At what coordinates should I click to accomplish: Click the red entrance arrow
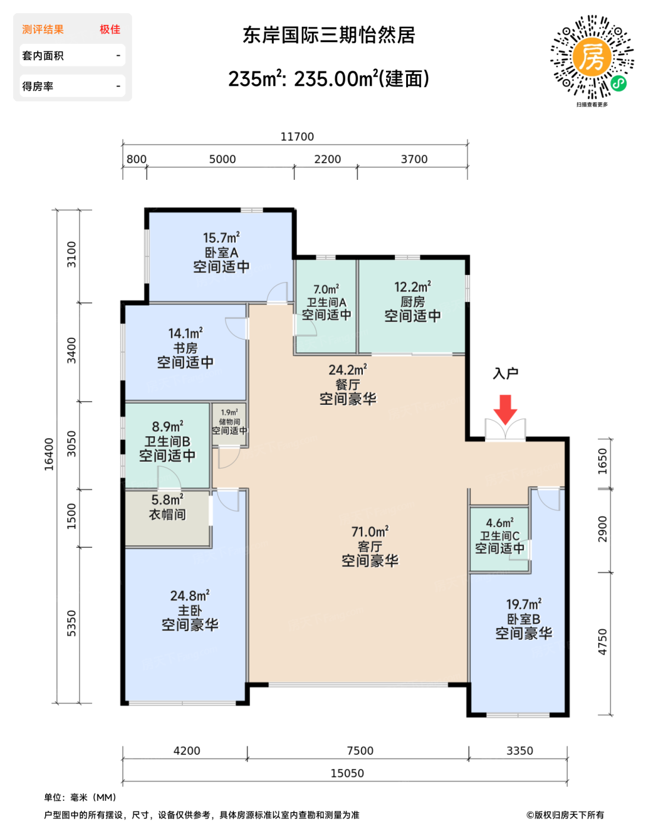point(505,410)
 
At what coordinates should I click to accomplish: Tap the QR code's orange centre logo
point(592,57)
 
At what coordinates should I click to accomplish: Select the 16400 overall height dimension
point(49,454)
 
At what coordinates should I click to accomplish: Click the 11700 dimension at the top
point(297,137)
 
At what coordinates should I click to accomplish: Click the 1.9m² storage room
point(229,425)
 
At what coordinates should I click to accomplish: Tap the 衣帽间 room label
point(167,515)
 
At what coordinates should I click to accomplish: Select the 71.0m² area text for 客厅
point(370,532)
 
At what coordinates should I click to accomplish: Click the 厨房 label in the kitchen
point(413,302)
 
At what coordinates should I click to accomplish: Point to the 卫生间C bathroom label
point(499,536)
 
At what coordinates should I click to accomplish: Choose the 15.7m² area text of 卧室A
point(222,237)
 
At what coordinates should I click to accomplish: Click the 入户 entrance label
point(505,373)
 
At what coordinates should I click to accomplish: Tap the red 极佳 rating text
point(110,29)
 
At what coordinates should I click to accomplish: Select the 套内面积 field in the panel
point(43,56)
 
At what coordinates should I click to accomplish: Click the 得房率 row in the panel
point(72,85)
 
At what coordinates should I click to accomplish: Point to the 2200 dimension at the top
point(328,159)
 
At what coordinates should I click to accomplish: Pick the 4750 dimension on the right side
point(603,642)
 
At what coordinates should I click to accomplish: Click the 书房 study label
point(185,348)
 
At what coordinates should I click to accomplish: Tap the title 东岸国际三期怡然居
point(329,35)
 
